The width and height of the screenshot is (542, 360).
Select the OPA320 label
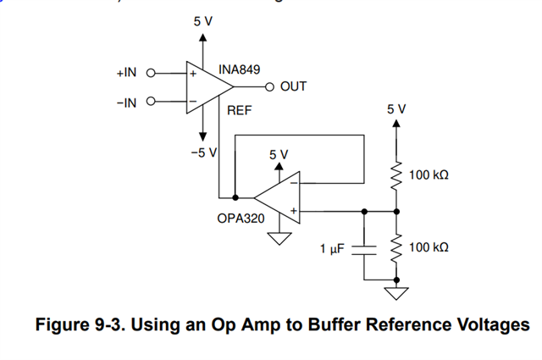[x=241, y=219]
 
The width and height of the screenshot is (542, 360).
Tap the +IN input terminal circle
[x=152, y=74]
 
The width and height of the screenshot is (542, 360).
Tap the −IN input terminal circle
[x=152, y=102]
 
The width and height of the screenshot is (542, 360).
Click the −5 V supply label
[x=203, y=152]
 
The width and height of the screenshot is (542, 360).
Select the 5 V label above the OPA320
[x=279, y=155]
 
